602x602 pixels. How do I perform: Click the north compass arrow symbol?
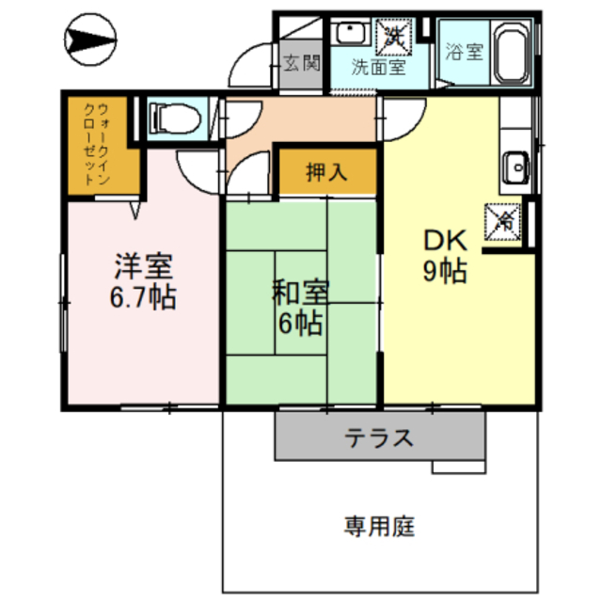coord(90,40)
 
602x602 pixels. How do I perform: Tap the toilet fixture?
coord(175,119)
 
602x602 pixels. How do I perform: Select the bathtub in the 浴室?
coord(510,53)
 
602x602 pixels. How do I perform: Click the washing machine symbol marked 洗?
coord(394,37)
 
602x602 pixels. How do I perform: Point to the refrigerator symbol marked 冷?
coord(503,222)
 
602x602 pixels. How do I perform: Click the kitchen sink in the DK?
coord(515,167)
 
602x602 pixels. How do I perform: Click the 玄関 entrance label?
coord(302,63)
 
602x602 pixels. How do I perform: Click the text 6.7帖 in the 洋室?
coord(143,297)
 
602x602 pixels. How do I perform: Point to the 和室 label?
coord(300,293)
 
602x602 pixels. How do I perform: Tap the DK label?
coord(445,241)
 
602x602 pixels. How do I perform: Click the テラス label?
coord(379,437)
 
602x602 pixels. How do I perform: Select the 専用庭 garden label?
coord(379,527)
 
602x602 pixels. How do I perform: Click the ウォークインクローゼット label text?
coord(97,144)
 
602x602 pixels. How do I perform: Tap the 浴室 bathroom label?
coord(464,51)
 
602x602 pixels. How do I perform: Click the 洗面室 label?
coord(378,68)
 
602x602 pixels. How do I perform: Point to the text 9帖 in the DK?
coord(445,271)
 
